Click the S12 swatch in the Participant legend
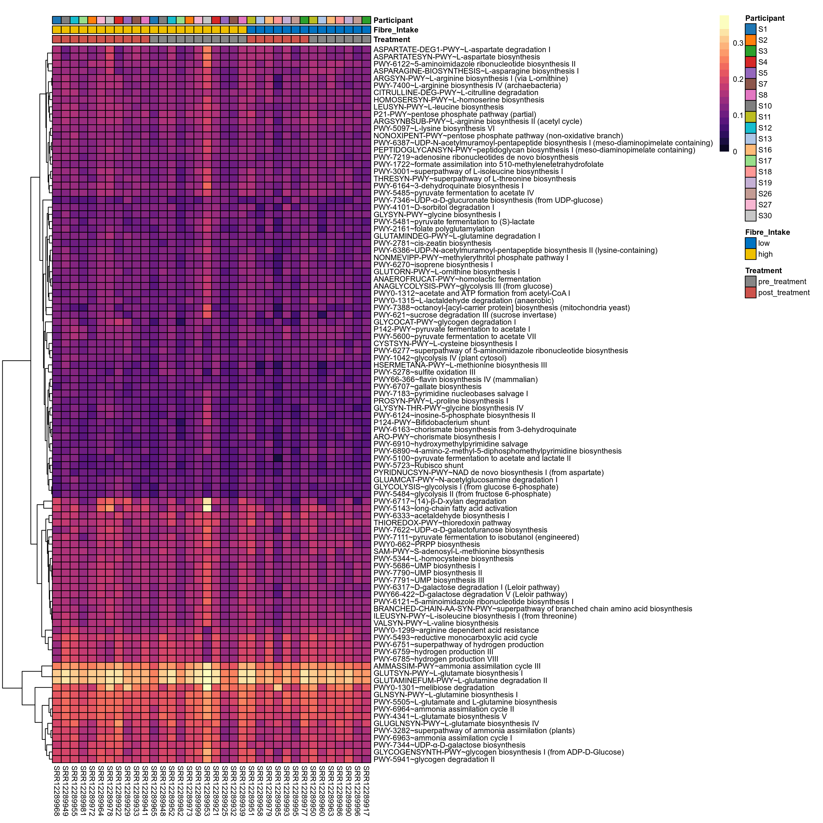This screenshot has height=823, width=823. pos(750,128)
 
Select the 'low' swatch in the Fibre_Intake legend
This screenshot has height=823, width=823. pos(750,243)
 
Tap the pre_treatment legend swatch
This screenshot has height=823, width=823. pos(750,282)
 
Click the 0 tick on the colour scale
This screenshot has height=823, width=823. pos(735,152)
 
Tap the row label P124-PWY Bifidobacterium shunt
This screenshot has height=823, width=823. pos(431,422)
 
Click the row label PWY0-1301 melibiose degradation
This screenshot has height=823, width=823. pos(434,687)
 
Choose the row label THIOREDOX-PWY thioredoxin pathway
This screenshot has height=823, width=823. pos(442,523)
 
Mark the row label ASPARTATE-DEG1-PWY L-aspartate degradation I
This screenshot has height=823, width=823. pos(461,49)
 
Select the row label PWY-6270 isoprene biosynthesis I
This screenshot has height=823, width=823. pos(433,265)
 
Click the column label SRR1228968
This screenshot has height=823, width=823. pos(57,790)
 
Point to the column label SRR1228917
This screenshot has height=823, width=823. pos(366,790)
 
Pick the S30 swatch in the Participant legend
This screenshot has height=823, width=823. pos(750,216)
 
